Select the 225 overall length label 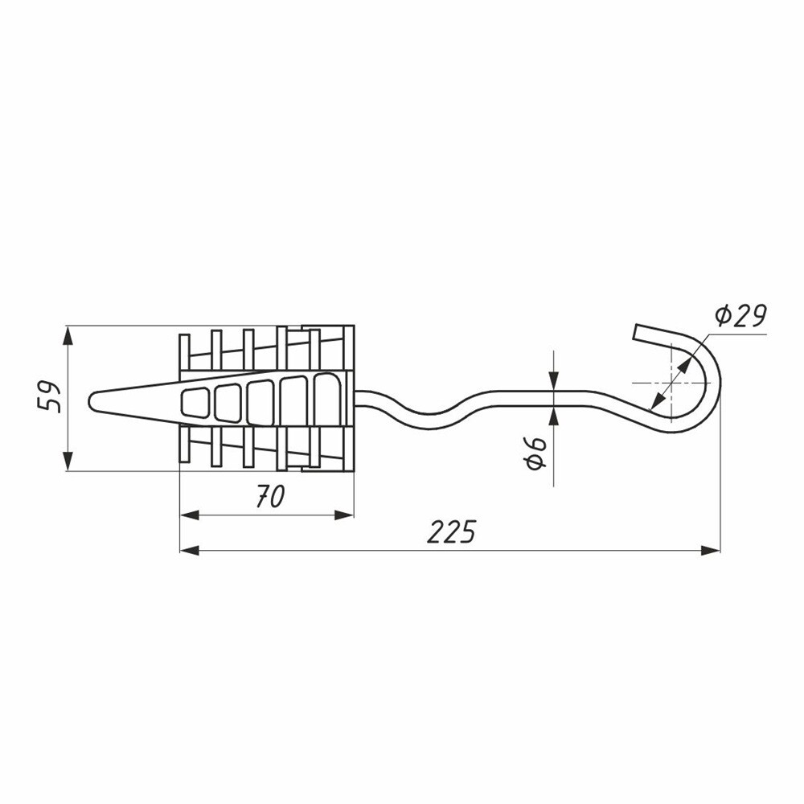click(451, 531)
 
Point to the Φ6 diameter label click(535, 453)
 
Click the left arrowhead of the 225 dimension click(190, 551)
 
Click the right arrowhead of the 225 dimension click(710, 551)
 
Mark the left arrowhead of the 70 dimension click(190, 515)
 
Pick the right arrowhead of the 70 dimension click(344, 515)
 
